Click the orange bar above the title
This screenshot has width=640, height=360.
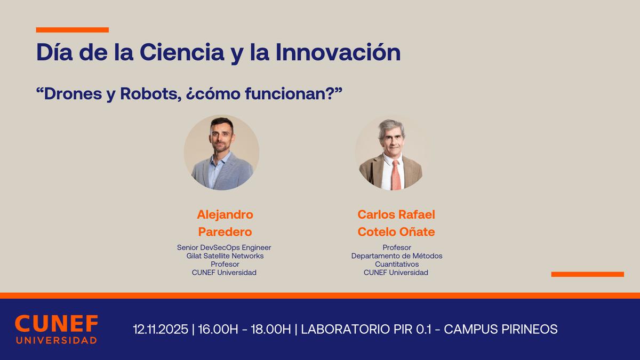point(72,30)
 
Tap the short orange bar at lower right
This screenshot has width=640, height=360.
point(587,274)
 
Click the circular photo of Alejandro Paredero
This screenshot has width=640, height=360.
point(221,153)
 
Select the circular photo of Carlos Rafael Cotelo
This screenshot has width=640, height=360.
point(393,153)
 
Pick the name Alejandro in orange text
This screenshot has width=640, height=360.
point(225,214)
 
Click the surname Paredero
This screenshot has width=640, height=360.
point(225,231)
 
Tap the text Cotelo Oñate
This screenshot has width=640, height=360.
point(396,231)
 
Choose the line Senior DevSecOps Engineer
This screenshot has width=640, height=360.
point(224,247)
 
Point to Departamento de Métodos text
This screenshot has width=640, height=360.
point(396,256)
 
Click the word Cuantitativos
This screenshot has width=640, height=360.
point(396,264)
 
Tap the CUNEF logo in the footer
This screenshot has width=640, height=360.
point(56,329)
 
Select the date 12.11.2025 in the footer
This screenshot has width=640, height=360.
point(160,330)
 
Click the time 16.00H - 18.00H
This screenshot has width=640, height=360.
point(244,330)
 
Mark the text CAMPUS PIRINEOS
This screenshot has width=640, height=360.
point(501,330)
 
